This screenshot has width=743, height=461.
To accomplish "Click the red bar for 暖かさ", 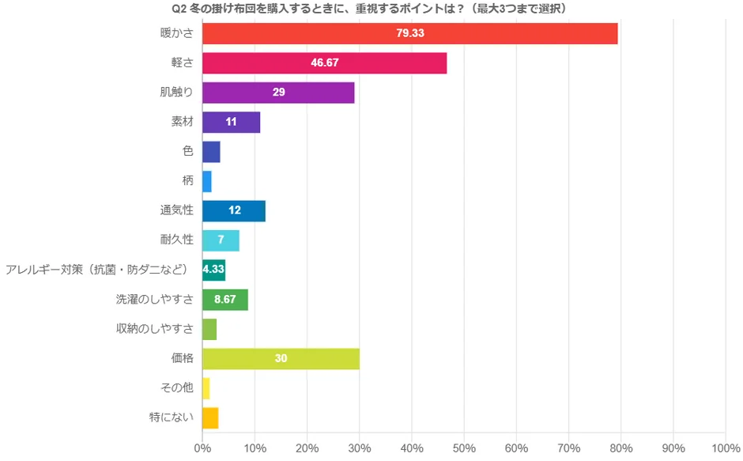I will (x=409, y=34).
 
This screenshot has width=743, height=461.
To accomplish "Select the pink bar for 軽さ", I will (x=324, y=63).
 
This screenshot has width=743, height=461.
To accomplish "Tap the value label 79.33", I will (x=410, y=34).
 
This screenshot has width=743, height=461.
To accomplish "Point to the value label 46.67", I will (x=325, y=63).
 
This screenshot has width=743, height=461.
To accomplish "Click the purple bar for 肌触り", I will (x=278, y=93).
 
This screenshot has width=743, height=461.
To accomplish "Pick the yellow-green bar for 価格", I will (x=281, y=359).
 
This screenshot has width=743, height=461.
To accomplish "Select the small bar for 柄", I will (x=207, y=181).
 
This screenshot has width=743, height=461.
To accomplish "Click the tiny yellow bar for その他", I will (x=206, y=388).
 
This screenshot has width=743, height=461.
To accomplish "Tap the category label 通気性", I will (x=176, y=211).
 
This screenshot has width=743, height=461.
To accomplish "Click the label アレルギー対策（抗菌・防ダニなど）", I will (x=97, y=270).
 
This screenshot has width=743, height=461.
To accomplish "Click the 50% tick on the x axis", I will (x=464, y=448).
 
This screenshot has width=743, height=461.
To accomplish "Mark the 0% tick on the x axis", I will (x=202, y=448).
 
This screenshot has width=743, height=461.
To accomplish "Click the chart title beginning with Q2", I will (x=371, y=8).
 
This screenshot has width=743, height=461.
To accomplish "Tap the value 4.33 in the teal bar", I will (x=214, y=270).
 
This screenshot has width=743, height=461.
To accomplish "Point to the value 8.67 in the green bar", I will (x=225, y=300).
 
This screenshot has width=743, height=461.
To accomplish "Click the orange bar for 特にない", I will (x=210, y=418).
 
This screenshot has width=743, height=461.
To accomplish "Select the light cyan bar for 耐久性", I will (x=221, y=240).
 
